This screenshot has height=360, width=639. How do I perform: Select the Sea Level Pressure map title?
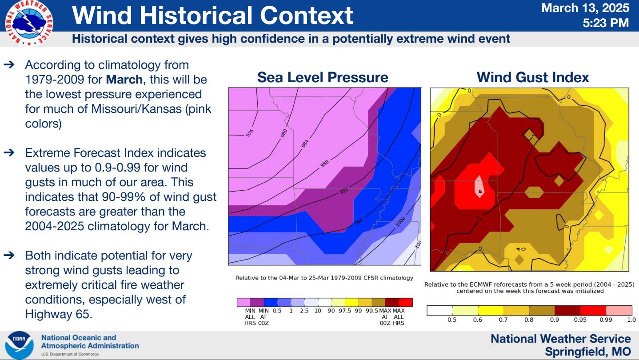pyautogui.click(x=323, y=77)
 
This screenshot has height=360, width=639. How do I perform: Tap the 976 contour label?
pyautogui.click(x=249, y=133)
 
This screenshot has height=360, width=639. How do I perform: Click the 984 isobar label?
pyautogui.click(x=304, y=144)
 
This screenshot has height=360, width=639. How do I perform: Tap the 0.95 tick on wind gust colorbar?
pyautogui.click(x=580, y=320)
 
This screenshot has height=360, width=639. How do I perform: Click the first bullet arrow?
pyautogui.click(x=9, y=65)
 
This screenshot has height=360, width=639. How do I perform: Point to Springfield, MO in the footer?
pyautogui.click(x=587, y=352)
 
